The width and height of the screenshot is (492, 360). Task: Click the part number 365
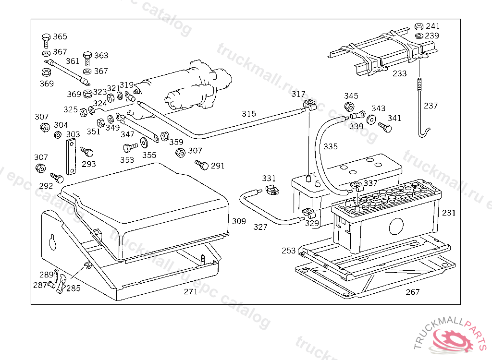coord(60,37)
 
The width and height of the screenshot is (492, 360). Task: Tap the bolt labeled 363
coord(87,58)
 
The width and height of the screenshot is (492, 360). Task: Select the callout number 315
coord(249,114)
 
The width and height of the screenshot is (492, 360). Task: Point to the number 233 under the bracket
coord(399,74)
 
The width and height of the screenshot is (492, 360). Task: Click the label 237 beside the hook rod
coord(430,106)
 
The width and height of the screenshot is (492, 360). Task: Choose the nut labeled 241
coord(418,26)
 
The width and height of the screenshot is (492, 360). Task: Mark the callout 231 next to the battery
coord(449,213)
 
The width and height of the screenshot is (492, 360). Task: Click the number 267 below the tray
coord(412,292)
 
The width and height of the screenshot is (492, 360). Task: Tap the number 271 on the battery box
coord(191,292)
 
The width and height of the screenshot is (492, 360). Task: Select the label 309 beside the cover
coord(239,221)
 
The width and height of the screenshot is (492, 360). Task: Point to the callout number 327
coord(260,227)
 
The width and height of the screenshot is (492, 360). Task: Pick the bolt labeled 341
coord(385,128)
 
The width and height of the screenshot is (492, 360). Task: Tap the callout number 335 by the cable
coord(331,146)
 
